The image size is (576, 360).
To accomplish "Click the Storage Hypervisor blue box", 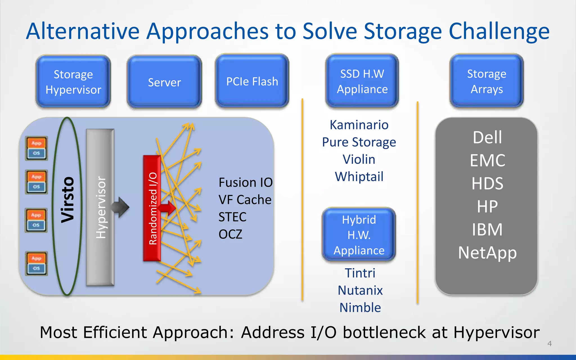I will coord(73,82).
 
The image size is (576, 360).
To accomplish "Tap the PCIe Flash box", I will coord(252,81).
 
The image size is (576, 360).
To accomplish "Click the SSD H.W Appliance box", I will coord(362,81).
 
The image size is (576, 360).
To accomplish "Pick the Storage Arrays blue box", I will coord(487,81).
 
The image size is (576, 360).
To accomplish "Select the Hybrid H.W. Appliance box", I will coord(359,235).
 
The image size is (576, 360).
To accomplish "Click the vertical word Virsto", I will coord(68,200).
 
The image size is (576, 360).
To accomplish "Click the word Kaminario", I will coord(359,125).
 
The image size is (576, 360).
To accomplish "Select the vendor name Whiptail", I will coord(359,177).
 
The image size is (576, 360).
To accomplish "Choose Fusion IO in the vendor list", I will coord(245,183).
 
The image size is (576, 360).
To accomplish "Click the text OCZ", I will coord(230,234).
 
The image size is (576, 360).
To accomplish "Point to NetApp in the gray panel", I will coord(487,253).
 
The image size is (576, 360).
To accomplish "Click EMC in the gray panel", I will coord(487,160).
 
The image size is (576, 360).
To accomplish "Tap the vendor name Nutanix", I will coord(360,290).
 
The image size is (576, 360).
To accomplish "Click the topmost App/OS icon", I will coord(36,148).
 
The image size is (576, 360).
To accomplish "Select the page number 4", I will coord(549,343).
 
